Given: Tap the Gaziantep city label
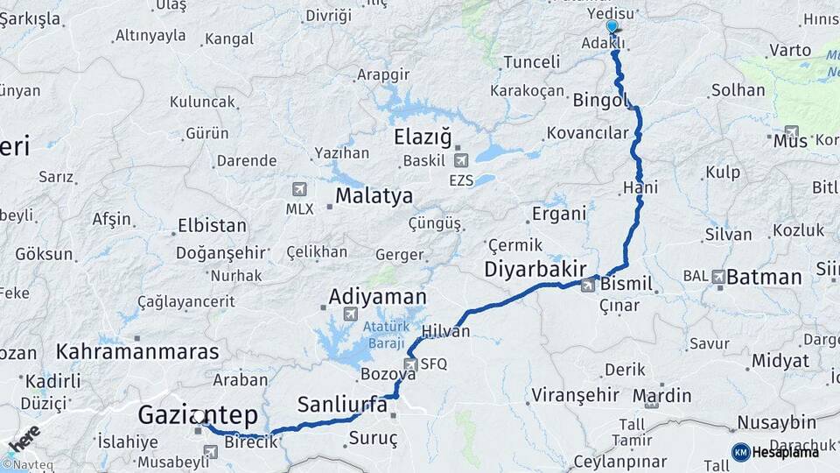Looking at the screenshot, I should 197,413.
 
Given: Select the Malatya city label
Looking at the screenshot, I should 374,195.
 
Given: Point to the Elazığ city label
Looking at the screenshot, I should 423,138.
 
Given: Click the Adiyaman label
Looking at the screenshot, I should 377,297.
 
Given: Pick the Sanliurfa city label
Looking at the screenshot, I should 342,405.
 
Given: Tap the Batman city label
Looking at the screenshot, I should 764,278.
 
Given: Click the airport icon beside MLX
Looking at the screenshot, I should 300,189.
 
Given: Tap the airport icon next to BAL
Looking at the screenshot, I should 718,277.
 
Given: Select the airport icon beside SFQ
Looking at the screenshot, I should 410,364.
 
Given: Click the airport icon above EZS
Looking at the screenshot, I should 461,160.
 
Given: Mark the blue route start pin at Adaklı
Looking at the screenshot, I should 612,28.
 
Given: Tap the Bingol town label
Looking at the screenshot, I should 601,101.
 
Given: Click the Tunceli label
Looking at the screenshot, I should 531,62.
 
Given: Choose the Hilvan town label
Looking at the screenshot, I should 445,331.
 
